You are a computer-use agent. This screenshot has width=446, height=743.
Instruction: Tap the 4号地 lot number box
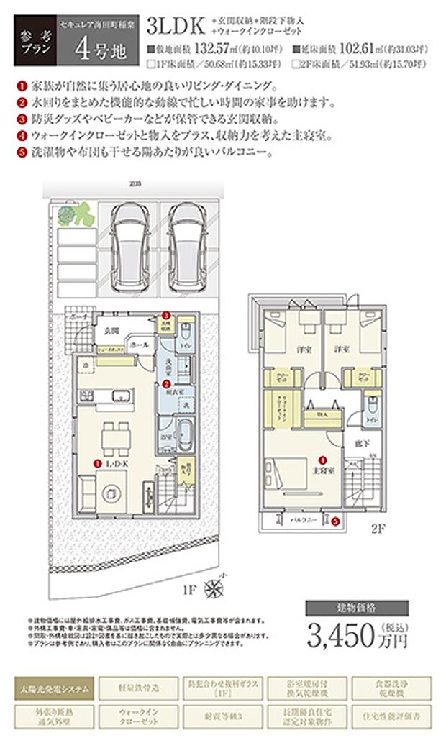click(95, 50)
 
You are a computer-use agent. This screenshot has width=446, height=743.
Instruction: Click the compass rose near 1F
click(216, 588)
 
